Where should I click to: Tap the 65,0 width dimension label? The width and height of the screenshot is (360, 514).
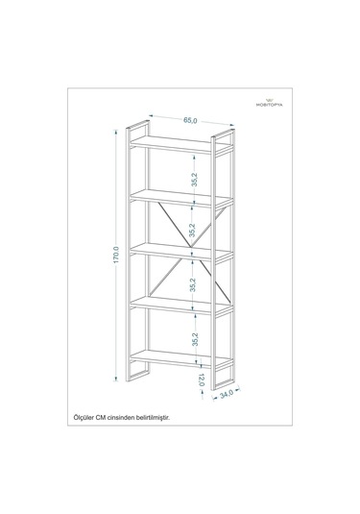[x=191, y=121]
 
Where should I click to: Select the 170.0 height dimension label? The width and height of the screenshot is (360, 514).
[x=115, y=258]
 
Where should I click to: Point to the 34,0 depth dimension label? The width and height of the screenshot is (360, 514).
[x=227, y=392]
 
